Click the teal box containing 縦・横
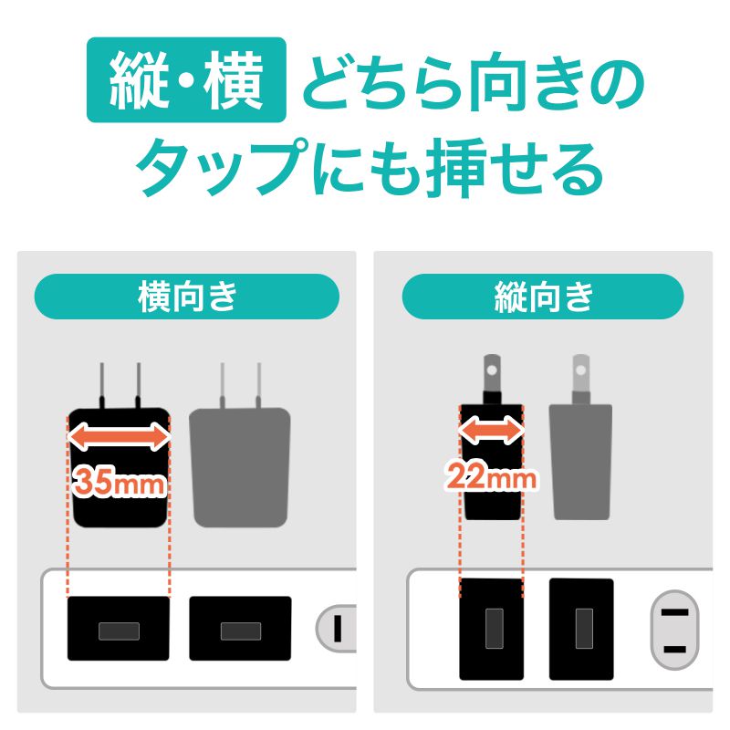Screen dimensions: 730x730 coord(186,80)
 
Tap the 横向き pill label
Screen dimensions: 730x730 coord(186,297)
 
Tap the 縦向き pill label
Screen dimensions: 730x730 coord(543,297)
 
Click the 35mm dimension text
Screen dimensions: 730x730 coord(120,482)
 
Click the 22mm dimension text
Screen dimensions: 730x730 coord(492,474)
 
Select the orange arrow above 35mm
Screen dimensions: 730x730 coord(120,437)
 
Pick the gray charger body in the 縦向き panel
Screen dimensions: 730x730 coord(580,461)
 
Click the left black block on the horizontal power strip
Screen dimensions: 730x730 coord(119,629)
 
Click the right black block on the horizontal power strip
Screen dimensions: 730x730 coord(240,629)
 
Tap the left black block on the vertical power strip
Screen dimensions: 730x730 coord(492,629)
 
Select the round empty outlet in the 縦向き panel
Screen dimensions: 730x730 coord(673,629)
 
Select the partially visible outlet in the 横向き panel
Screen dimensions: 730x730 coord(336,628)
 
